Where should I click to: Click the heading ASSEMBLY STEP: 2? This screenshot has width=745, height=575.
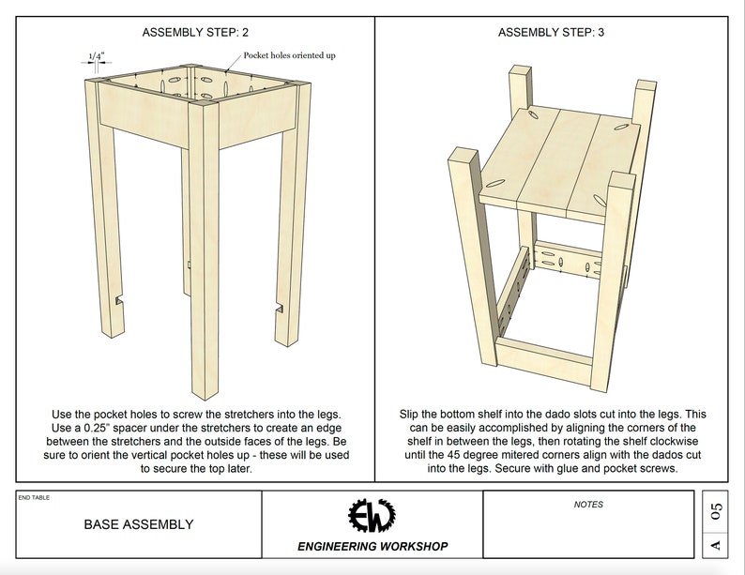point(195,32)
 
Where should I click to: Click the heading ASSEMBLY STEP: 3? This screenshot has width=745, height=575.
point(551,32)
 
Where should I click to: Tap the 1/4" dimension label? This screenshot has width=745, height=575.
point(97,56)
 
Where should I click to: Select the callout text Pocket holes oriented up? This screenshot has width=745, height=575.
point(289,55)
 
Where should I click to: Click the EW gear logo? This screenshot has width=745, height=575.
point(372,516)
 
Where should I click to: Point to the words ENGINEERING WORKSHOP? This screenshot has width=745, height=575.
point(372,547)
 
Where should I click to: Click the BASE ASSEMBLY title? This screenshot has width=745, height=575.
point(139,524)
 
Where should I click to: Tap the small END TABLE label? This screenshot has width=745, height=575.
point(34,497)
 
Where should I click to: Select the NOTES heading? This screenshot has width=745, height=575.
point(588,505)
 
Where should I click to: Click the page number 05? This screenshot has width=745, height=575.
point(716,511)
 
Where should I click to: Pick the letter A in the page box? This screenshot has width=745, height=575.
point(716,545)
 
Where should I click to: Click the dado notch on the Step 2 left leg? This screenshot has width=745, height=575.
point(119,300)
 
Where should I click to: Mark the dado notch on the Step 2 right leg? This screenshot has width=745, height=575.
point(279,308)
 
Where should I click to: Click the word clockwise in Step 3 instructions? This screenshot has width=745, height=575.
point(675,441)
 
